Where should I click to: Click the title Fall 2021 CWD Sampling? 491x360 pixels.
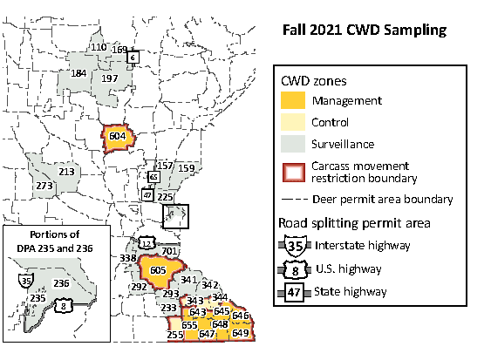pyautogui.click(x=364, y=30)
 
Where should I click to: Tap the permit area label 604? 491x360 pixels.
pyautogui.click(x=117, y=137)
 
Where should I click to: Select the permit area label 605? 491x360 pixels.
pyautogui.click(x=158, y=270)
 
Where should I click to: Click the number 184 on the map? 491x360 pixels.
pyautogui.click(x=79, y=73)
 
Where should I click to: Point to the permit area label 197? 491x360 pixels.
pyautogui.click(x=110, y=78)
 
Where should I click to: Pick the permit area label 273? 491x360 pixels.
pyautogui.click(x=44, y=186)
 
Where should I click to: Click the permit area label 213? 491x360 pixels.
pyautogui.click(x=66, y=172)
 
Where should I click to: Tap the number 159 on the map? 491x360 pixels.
pyautogui.click(x=186, y=166)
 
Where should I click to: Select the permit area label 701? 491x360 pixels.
pyautogui.click(x=169, y=251)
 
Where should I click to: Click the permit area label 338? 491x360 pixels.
pyautogui.click(x=127, y=259)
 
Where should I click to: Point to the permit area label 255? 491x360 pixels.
pyautogui.click(x=175, y=335)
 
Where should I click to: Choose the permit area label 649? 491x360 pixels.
pyautogui.click(x=241, y=333)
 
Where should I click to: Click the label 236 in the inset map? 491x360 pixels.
pyautogui.click(x=61, y=282)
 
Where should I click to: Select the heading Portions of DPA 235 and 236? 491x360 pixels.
pyautogui.click(x=54, y=241)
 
